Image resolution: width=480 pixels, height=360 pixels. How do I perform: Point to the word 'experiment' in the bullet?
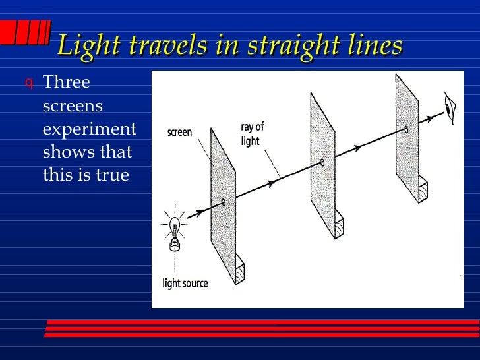(x=90, y=129)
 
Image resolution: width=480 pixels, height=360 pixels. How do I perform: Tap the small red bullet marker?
(x=28, y=84)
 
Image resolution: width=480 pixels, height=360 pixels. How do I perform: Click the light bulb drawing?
(x=175, y=231)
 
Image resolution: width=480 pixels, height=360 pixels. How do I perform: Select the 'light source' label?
(x=185, y=284)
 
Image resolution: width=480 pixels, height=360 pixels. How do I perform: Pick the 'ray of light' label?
(x=251, y=133)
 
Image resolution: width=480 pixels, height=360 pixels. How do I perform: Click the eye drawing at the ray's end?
(x=451, y=108)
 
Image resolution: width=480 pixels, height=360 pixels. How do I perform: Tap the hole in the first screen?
(x=224, y=202)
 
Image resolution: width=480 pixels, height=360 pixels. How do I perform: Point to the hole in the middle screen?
(x=322, y=162)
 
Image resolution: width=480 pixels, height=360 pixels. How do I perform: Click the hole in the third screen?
(x=406, y=130)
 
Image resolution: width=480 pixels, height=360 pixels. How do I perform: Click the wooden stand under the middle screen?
(x=338, y=224)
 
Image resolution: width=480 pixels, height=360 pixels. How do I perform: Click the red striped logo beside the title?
(x=26, y=32)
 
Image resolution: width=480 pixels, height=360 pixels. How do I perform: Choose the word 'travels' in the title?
(x=170, y=45)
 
